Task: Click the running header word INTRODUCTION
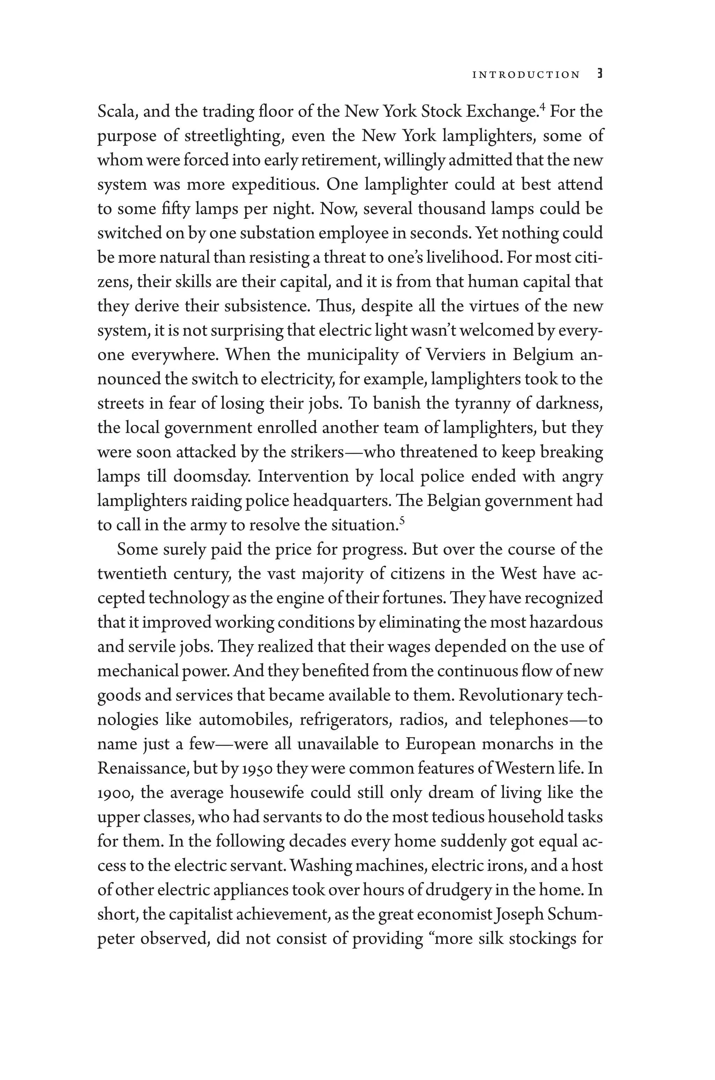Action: pos(526,75)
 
